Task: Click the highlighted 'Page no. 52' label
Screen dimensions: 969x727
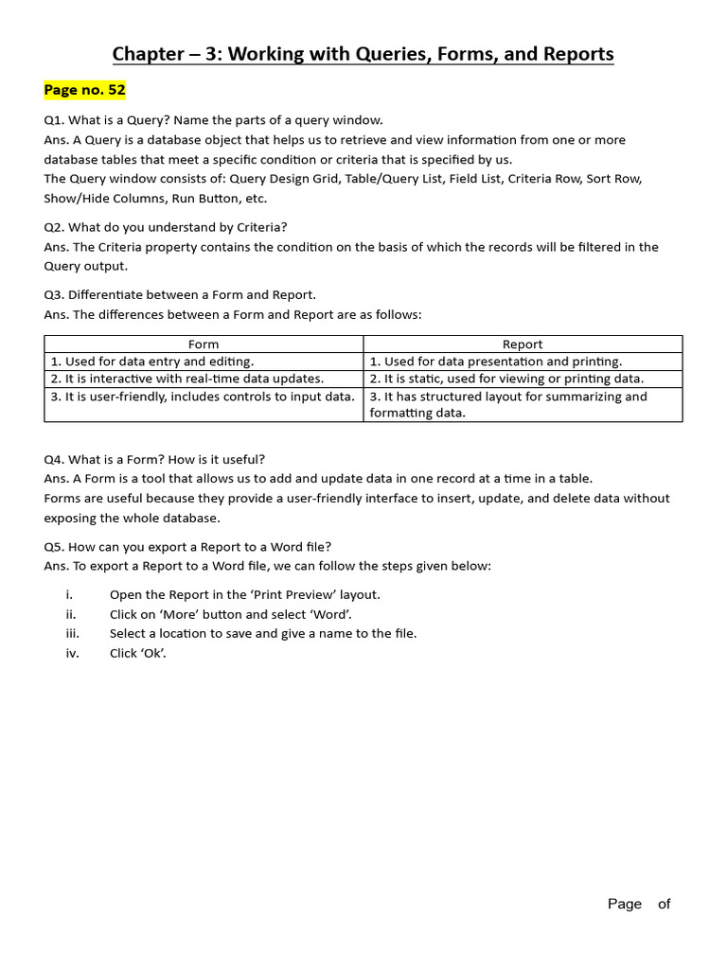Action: point(84,91)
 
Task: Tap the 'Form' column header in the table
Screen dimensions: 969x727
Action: point(204,344)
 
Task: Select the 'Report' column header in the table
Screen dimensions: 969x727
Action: point(523,344)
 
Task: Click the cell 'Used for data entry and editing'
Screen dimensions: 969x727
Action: point(152,361)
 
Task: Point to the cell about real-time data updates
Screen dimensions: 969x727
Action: point(187,379)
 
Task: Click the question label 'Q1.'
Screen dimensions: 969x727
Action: point(54,120)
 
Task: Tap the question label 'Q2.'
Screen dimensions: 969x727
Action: point(54,227)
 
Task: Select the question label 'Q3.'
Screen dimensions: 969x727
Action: point(54,294)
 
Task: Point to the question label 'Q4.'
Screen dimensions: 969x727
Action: point(54,459)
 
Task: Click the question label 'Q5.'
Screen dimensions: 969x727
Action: point(54,546)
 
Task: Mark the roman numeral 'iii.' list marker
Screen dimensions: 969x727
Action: point(73,634)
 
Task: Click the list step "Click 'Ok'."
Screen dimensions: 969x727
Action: point(138,654)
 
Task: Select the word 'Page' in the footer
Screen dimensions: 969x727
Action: point(625,904)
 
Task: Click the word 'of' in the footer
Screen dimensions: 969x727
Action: point(664,904)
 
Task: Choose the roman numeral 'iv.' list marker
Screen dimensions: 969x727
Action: point(73,654)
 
